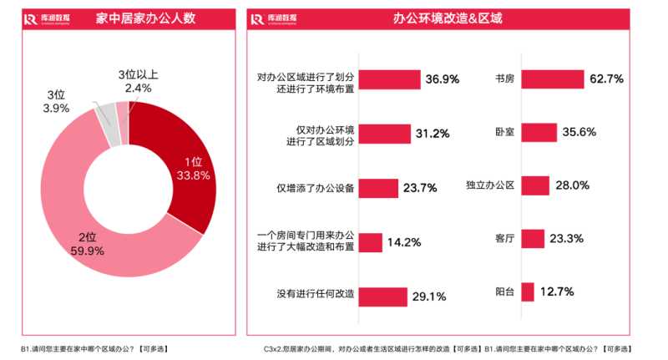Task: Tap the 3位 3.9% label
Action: coord(57,102)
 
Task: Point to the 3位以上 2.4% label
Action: coord(139,82)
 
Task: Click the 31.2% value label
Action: coord(432,134)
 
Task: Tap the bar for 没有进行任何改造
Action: coord(383,295)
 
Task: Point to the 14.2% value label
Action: coord(404,242)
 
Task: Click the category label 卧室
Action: coord(504,132)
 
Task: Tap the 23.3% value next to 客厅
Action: coord(567,239)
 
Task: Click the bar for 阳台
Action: coord(528,292)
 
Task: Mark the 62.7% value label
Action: coord(606,79)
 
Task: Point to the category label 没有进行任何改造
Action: coord(315,295)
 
